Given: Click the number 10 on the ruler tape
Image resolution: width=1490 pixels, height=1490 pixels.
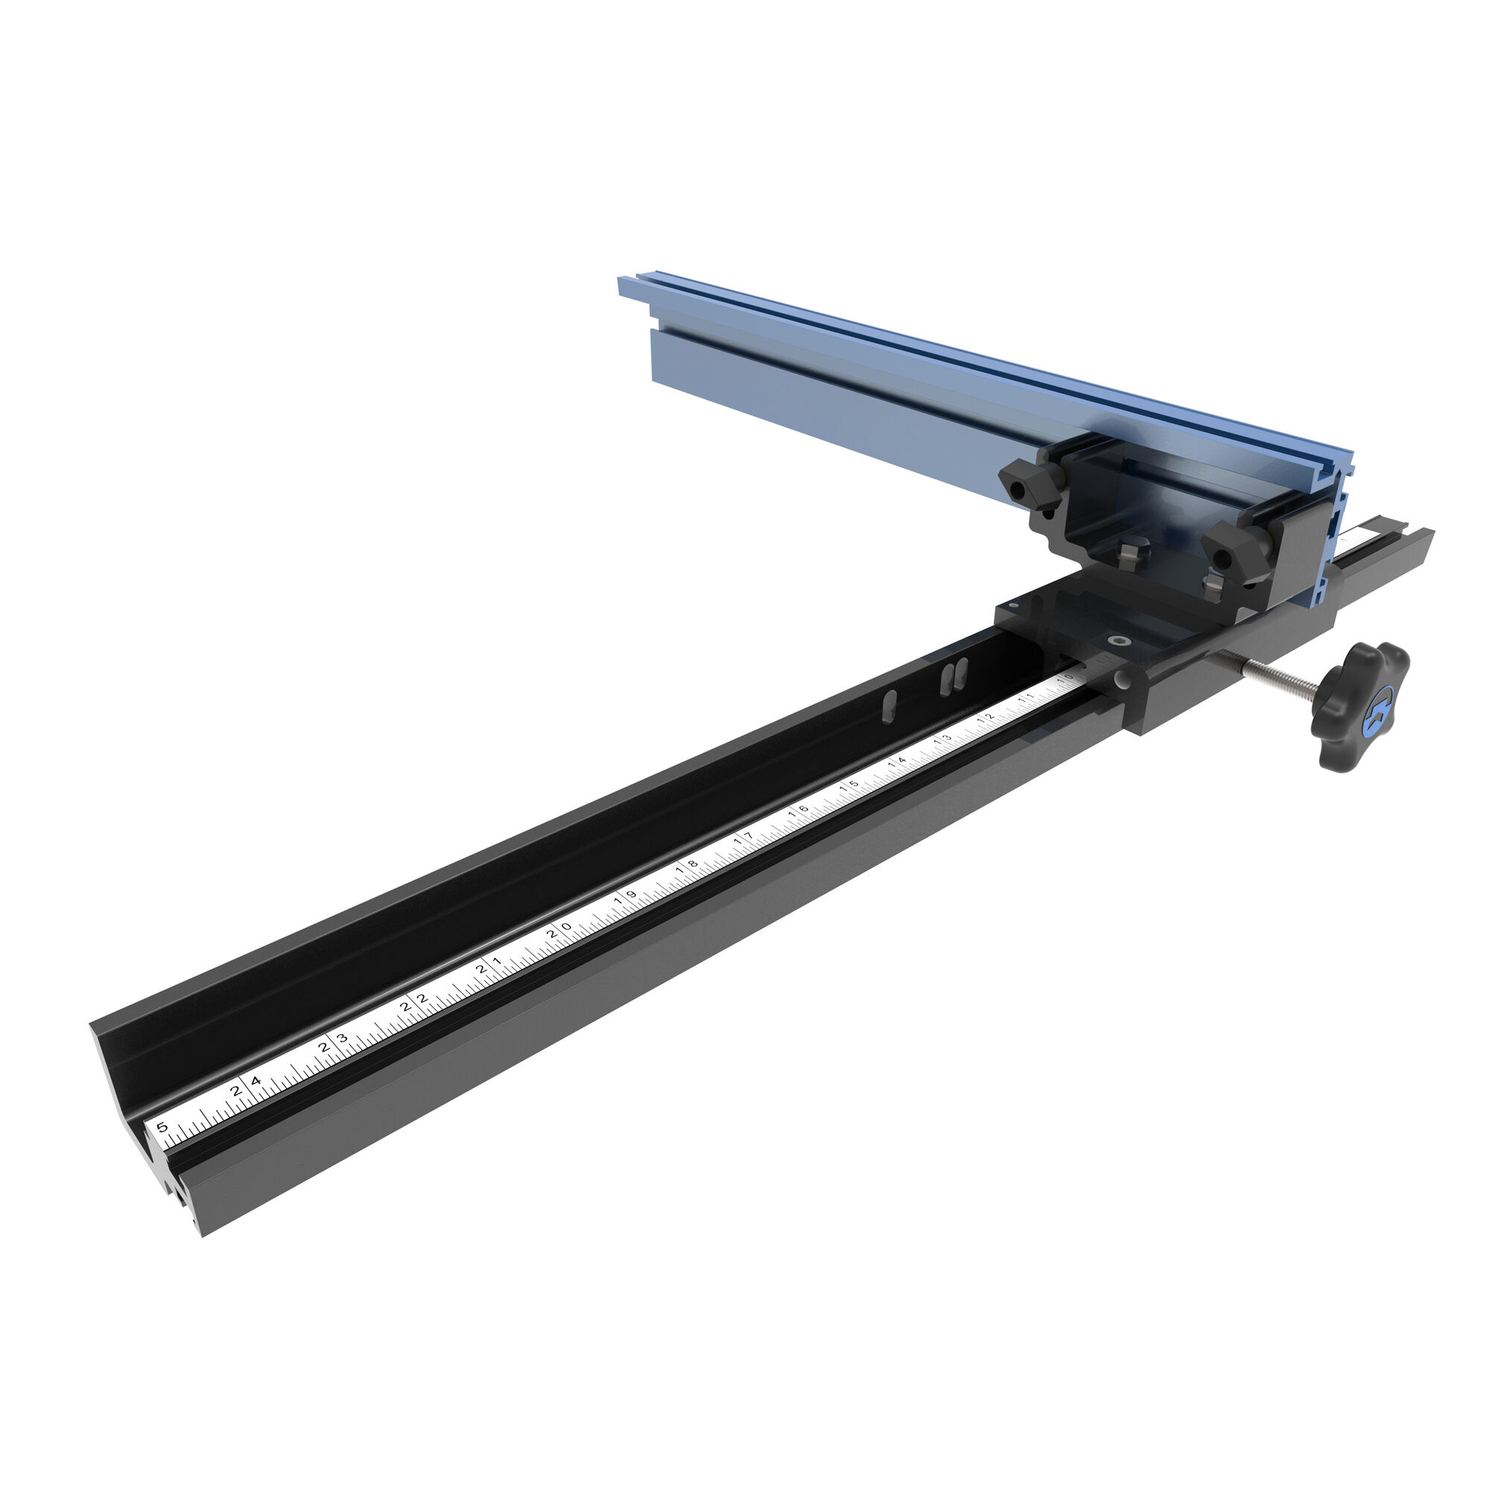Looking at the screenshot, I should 1065,678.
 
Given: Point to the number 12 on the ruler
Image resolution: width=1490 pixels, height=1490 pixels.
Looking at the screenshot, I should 986,719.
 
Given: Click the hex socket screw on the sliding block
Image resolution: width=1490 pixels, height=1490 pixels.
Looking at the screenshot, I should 1118,640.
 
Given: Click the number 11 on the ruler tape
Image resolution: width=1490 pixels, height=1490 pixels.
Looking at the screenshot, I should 1027,698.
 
